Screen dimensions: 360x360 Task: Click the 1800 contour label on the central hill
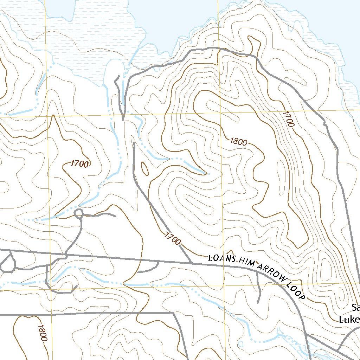(x=239, y=142)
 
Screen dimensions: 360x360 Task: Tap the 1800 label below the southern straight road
(x=41, y=333)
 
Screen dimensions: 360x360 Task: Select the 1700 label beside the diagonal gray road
(x=172, y=238)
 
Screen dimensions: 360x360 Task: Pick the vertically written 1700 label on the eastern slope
(x=288, y=119)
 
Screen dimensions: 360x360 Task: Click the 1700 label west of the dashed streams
(x=79, y=163)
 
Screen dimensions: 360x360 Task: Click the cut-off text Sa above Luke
(x=356, y=308)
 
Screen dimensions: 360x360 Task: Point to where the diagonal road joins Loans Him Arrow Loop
(x=191, y=262)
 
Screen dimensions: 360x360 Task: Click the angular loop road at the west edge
(x=8, y=262)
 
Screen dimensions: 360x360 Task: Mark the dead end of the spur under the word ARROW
(x=258, y=302)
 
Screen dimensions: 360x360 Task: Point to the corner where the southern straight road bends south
(x=173, y=312)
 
